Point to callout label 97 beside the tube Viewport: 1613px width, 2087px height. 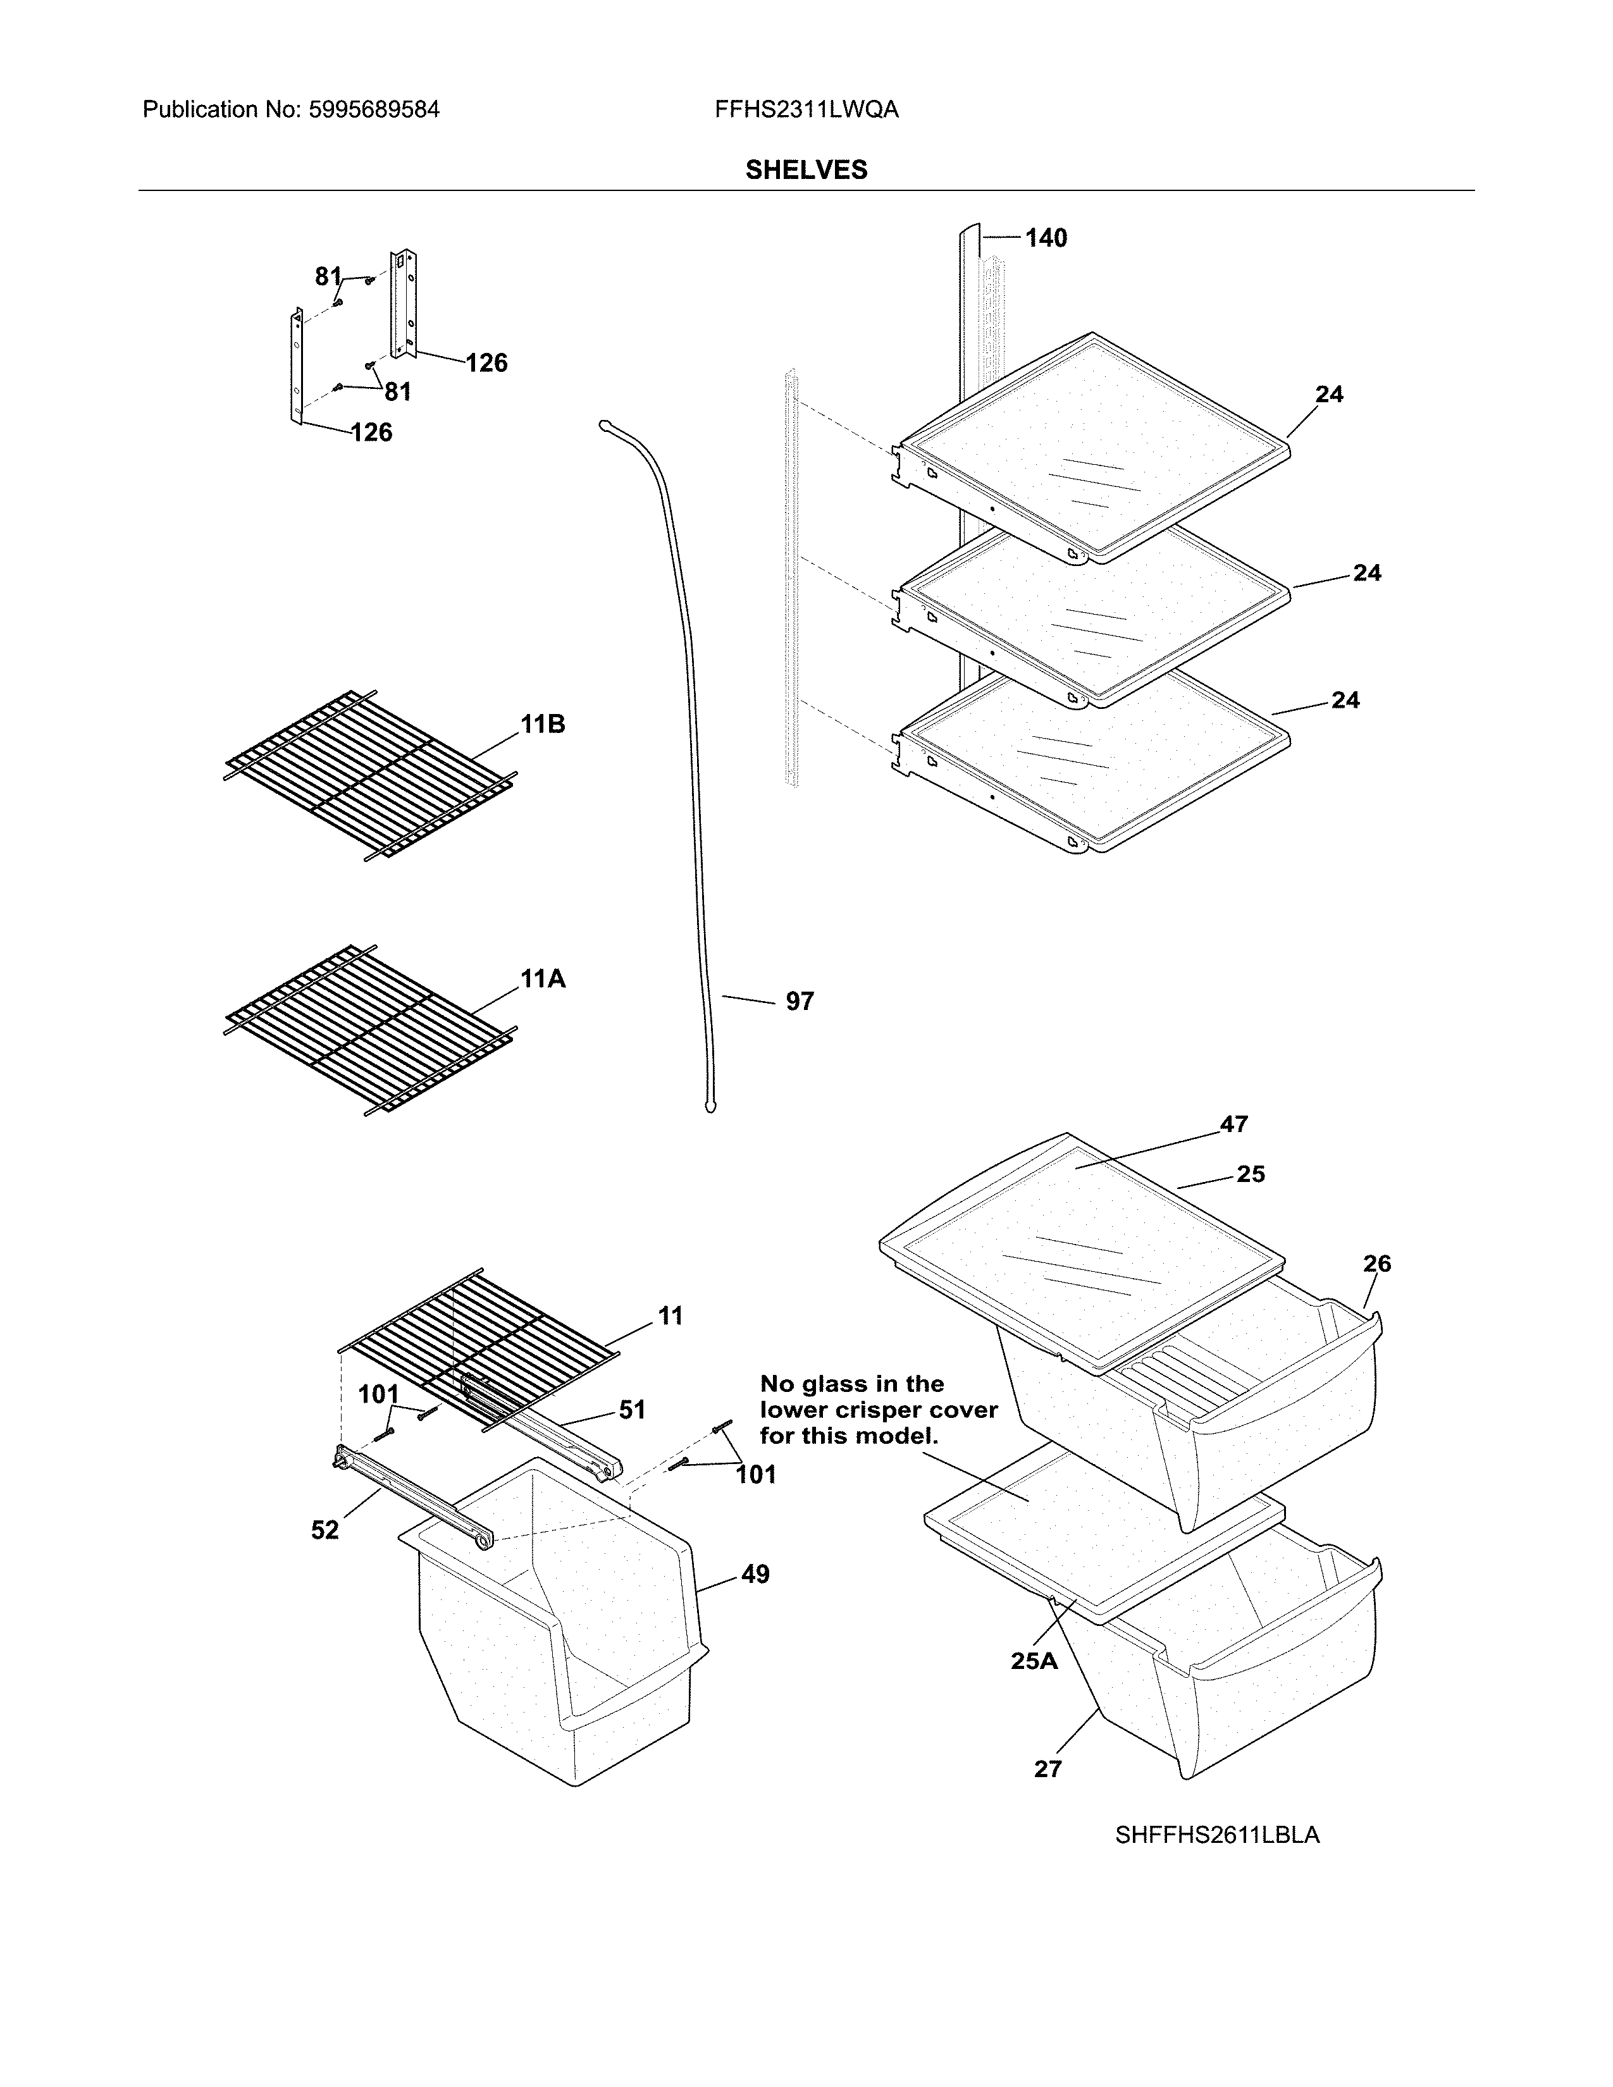click(799, 1002)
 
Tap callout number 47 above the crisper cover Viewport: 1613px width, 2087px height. click(1233, 1124)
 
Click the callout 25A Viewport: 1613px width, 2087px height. click(1034, 1661)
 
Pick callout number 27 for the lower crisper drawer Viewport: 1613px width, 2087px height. click(1048, 1769)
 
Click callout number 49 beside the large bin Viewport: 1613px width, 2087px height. click(755, 1574)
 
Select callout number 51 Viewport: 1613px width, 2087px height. click(632, 1410)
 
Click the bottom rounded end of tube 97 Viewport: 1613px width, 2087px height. click(709, 1109)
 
